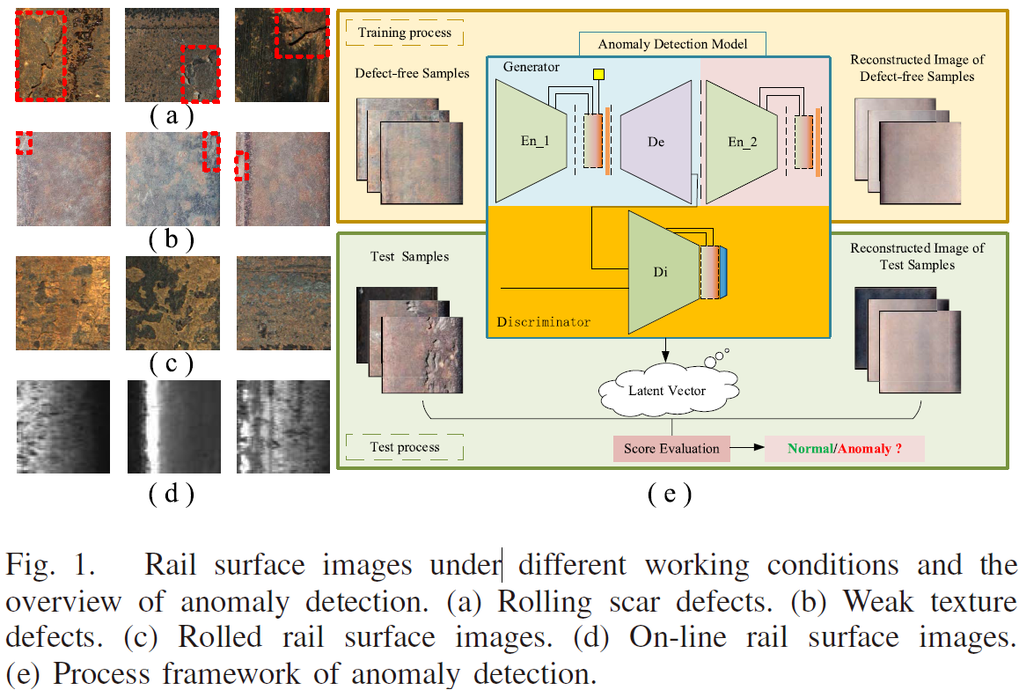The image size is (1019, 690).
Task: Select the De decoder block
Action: coord(656,142)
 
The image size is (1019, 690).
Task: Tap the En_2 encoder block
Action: coord(741,142)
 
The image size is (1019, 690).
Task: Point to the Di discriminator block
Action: coord(663,272)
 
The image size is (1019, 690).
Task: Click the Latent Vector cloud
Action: coord(668,391)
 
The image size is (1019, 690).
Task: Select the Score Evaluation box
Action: coord(671,448)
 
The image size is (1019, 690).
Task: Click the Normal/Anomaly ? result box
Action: coord(844,448)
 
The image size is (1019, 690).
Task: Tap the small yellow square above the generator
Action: coord(598,74)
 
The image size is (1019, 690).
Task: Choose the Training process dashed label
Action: coord(404,33)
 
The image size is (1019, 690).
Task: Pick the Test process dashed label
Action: coord(404,447)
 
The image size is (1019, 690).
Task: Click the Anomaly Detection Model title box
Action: coord(672,44)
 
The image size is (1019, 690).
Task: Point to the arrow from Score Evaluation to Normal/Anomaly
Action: coord(747,448)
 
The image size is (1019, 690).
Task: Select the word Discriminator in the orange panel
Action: coord(543,321)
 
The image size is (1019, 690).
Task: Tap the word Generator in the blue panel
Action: coord(531,67)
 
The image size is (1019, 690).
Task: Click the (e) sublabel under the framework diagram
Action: coord(670,495)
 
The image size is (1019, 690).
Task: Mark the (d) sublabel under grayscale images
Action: coord(172,494)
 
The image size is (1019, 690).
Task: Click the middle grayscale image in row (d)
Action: coord(173,427)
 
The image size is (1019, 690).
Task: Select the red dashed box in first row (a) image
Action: coord(41,56)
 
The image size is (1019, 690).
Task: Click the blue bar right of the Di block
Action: coord(723,272)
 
